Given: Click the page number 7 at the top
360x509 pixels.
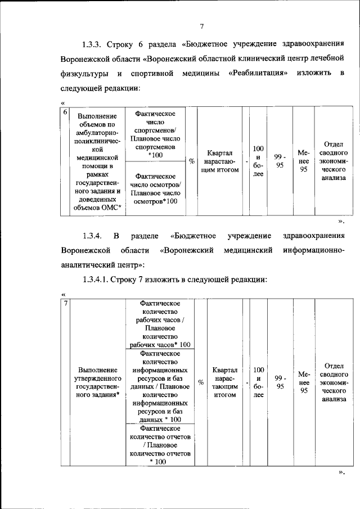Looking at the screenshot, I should [201, 25].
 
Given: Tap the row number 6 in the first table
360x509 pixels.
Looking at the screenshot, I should [65, 114].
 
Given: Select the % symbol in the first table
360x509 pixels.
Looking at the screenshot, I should [192, 161].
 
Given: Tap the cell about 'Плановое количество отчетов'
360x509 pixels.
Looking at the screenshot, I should [160, 445].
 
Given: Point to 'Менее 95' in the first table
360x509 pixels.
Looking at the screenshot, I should [303, 161].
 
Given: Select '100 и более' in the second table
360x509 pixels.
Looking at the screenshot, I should [258, 383].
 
